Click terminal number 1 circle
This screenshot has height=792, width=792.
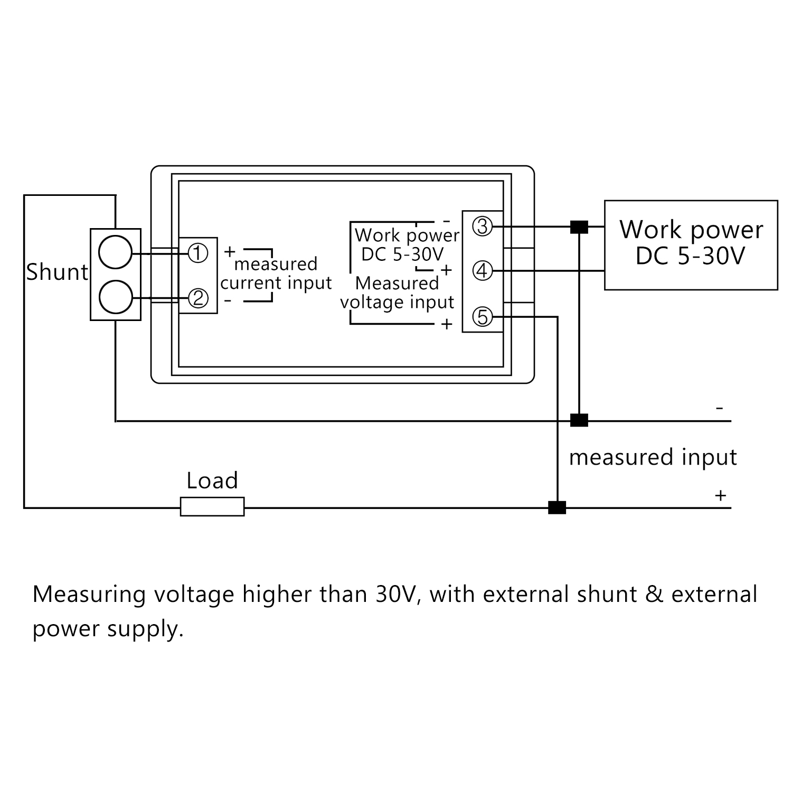[x=198, y=253]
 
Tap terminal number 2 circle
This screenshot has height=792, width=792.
[x=198, y=299]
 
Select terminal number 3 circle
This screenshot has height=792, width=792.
[x=482, y=227]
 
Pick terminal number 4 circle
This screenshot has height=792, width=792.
[x=482, y=271]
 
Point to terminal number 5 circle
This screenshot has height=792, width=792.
[x=482, y=317]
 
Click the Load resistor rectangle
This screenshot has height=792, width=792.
[x=212, y=507]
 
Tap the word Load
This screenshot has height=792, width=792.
[x=212, y=480]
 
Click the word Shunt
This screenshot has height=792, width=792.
[x=57, y=272]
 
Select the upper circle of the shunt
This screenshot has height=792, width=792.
[x=115, y=253]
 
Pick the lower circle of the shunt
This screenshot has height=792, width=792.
[x=115, y=297]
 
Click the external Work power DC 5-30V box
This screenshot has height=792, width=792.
[x=691, y=245]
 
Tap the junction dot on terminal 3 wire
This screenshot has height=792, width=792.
[x=579, y=227]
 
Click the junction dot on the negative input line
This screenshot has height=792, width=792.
[x=579, y=421]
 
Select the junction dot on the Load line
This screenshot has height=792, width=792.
[x=557, y=507]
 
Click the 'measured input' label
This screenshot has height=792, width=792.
[x=653, y=457]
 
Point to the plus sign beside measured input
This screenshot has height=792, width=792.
[x=720, y=496]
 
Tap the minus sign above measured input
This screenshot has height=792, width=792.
[x=719, y=408]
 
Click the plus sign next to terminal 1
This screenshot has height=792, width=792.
[x=229, y=251]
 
